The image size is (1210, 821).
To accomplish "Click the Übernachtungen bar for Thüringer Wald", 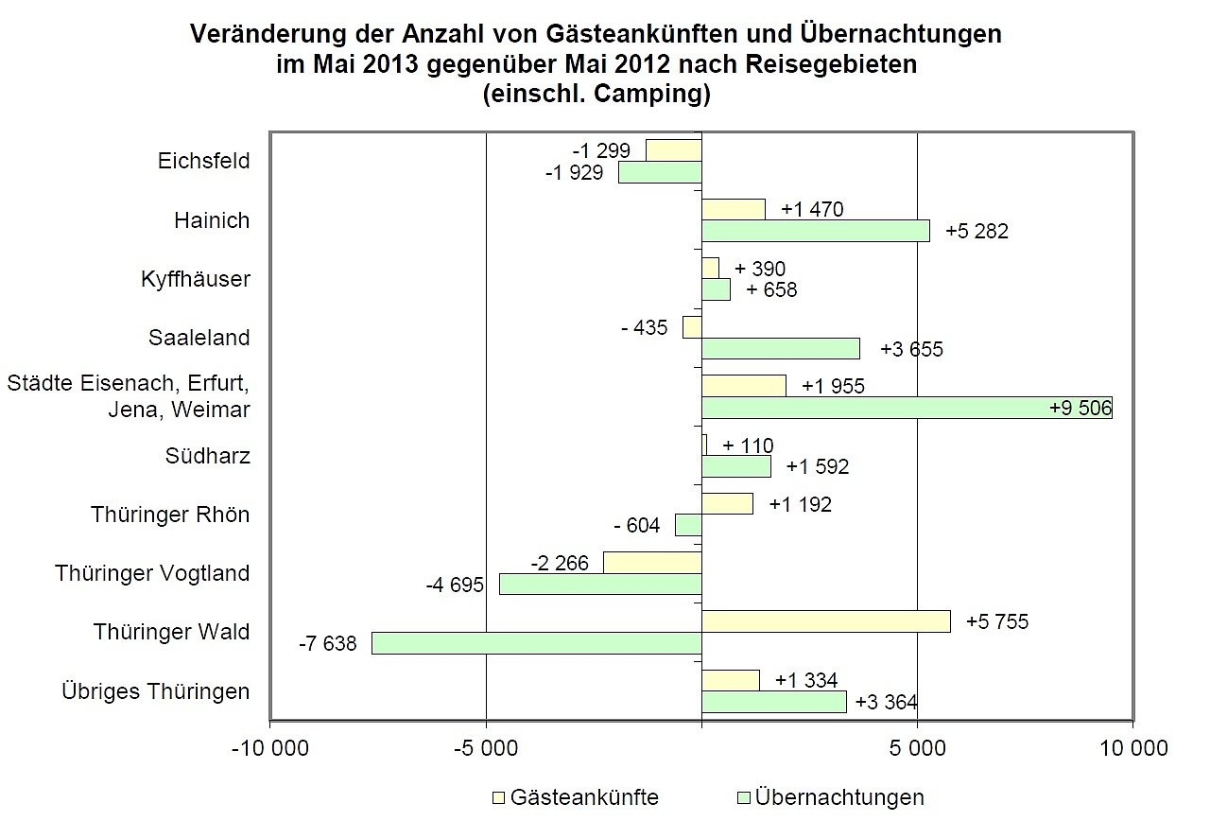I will (x=536, y=643).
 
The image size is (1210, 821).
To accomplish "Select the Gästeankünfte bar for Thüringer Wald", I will (x=825, y=620).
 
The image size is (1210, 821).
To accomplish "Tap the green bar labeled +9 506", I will (x=906, y=408).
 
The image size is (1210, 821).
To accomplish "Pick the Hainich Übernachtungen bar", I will (x=815, y=231).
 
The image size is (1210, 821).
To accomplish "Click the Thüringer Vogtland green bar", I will (x=600, y=584).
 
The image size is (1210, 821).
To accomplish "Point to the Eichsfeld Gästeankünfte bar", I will (x=673, y=149).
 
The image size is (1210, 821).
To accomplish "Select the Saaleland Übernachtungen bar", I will (x=780, y=348).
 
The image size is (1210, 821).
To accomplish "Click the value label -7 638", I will (x=327, y=644).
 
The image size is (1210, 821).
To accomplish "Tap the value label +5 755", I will (x=996, y=621).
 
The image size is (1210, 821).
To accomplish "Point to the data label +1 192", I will (x=800, y=504).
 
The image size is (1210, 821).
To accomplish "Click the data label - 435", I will (x=644, y=327).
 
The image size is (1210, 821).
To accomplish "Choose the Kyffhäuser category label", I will (x=195, y=280).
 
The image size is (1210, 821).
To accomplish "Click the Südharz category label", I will (x=207, y=456).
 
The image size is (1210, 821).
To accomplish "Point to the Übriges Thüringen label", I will (x=155, y=691).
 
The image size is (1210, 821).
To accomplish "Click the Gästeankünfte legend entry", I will (x=584, y=796).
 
